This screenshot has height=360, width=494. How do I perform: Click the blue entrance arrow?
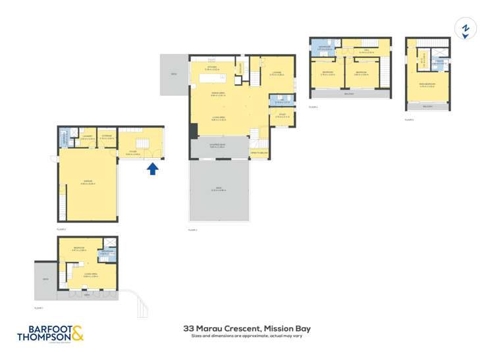pos(152,170)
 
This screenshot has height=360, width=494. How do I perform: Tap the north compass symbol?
pos(466,29)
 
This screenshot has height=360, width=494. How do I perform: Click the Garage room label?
pos(88,182)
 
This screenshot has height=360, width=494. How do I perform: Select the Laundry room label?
pos(86,138)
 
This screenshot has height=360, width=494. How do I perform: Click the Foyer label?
pos(133,151)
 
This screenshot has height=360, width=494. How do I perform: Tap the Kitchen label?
pos(212,67)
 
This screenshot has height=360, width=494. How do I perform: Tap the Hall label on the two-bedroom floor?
pos(366,51)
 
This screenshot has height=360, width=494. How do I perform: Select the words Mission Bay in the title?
pos(287,328)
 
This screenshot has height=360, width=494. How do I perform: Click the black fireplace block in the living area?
pos(193,130)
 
